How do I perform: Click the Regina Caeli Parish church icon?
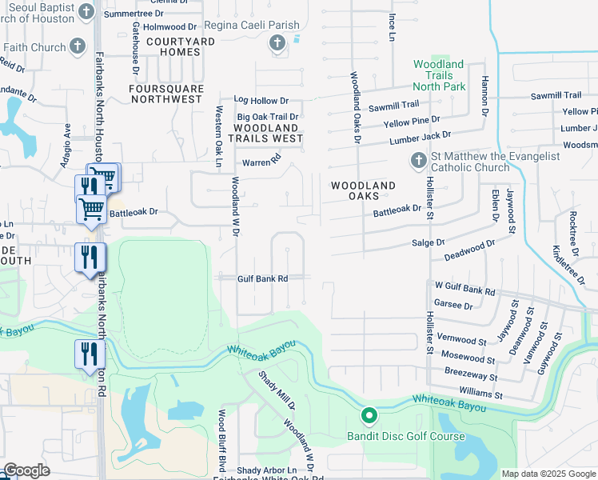pyautogui.click(x=277, y=43)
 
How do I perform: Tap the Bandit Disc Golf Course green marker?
pyautogui.click(x=369, y=416)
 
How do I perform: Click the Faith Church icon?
pyautogui.click(x=78, y=46)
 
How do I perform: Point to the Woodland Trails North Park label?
pyautogui.click(x=439, y=74)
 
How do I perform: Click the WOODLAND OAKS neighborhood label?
pyautogui.click(x=364, y=191)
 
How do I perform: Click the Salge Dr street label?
pyautogui.click(x=428, y=242)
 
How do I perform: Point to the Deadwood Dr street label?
pyautogui.click(x=469, y=253)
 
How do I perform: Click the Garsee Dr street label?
pyautogui.click(x=452, y=305)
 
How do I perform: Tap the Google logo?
pyautogui.click(x=26, y=470)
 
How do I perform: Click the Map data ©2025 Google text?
pyautogui.click(x=548, y=474)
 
